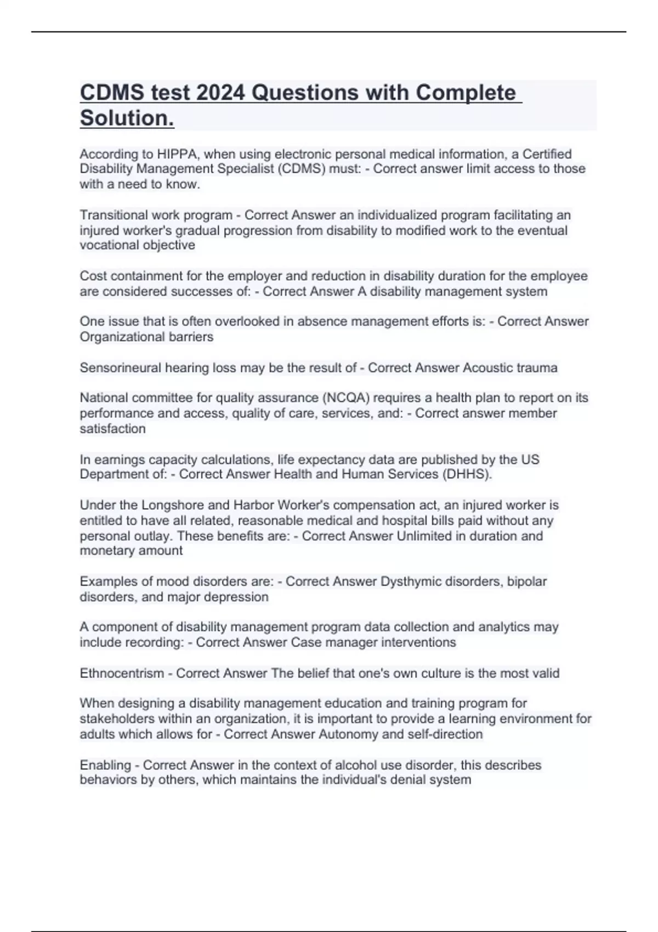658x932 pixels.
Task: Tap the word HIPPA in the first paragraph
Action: point(178,154)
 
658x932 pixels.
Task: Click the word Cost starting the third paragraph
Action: point(92,276)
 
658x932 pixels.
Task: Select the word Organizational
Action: point(119,337)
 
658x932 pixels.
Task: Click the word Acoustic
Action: point(485,367)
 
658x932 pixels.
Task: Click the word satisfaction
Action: point(112,428)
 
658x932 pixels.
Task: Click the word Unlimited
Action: point(424,536)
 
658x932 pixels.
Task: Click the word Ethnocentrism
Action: point(122,673)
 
